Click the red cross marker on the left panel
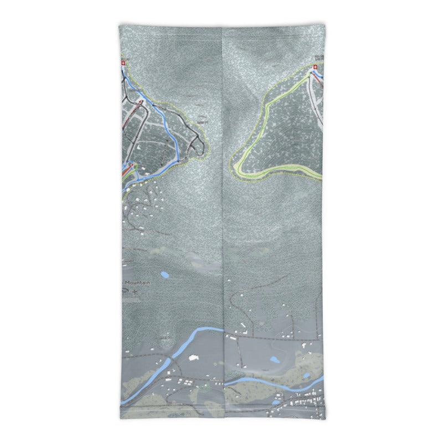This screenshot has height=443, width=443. [122, 64]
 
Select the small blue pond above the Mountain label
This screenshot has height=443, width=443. [164, 274]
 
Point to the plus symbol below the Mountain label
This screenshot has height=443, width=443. [134, 291]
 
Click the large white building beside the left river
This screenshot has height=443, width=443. [194, 358]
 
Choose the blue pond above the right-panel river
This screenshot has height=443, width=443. [274, 360]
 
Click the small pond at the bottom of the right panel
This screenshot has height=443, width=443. [275, 403]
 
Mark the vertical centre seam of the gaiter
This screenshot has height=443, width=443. [223, 221]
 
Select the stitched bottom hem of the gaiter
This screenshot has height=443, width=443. [221, 416]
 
